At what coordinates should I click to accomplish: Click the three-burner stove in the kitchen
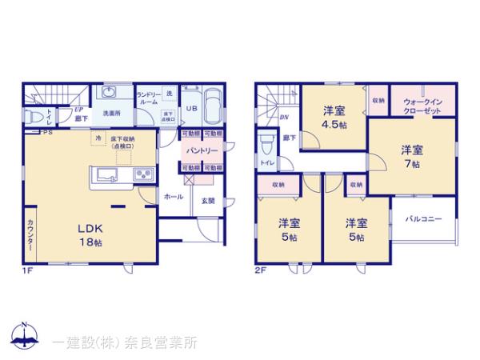(142, 174)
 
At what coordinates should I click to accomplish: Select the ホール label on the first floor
(174, 196)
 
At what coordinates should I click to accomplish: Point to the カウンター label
(30, 234)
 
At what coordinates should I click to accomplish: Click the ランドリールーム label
(148, 98)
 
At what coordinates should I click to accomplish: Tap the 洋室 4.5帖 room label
(335, 117)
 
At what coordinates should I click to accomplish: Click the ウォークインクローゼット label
(424, 106)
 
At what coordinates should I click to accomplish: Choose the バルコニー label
(424, 218)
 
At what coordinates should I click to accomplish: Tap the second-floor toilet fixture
(267, 146)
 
